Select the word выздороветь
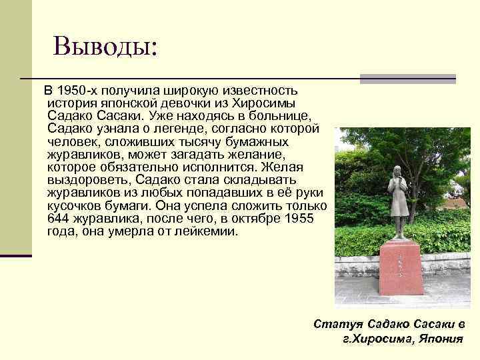90,180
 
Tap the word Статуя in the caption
337,324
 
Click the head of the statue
396,171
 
